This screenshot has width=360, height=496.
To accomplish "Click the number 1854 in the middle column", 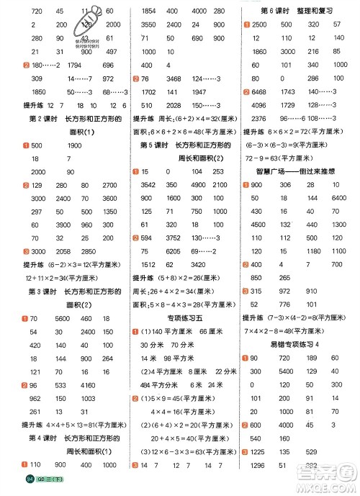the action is click(150, 12).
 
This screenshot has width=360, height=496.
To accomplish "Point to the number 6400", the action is click(339, 197).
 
